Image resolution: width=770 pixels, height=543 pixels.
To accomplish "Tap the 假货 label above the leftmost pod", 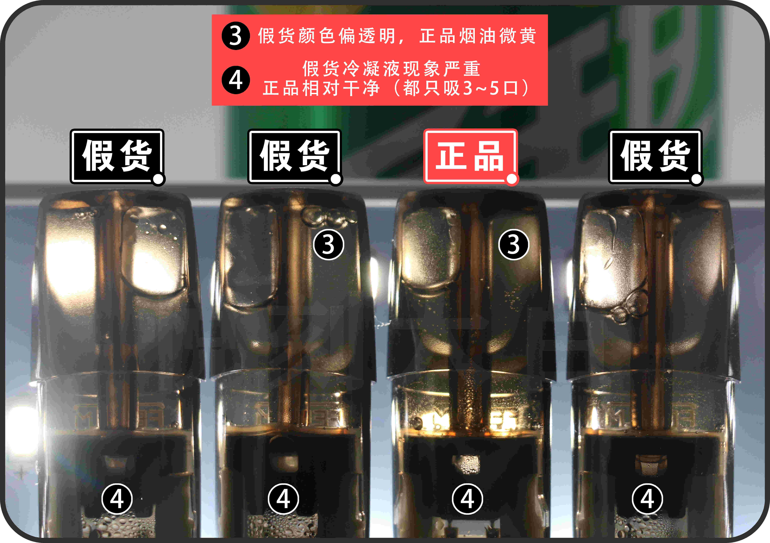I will pyautogui.click(x=117, y=156).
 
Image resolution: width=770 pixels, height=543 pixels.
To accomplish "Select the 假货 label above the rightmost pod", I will pyautogui.click(x=655, y=156).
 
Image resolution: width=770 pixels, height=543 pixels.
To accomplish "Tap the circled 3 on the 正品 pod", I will pyautogui.click(x=513, y=244).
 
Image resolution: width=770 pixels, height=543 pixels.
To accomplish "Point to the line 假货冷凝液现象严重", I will pyautogui.click(x=391, y=69).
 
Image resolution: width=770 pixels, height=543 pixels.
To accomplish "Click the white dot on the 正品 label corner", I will pyautogui.click(x=511, y=179).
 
